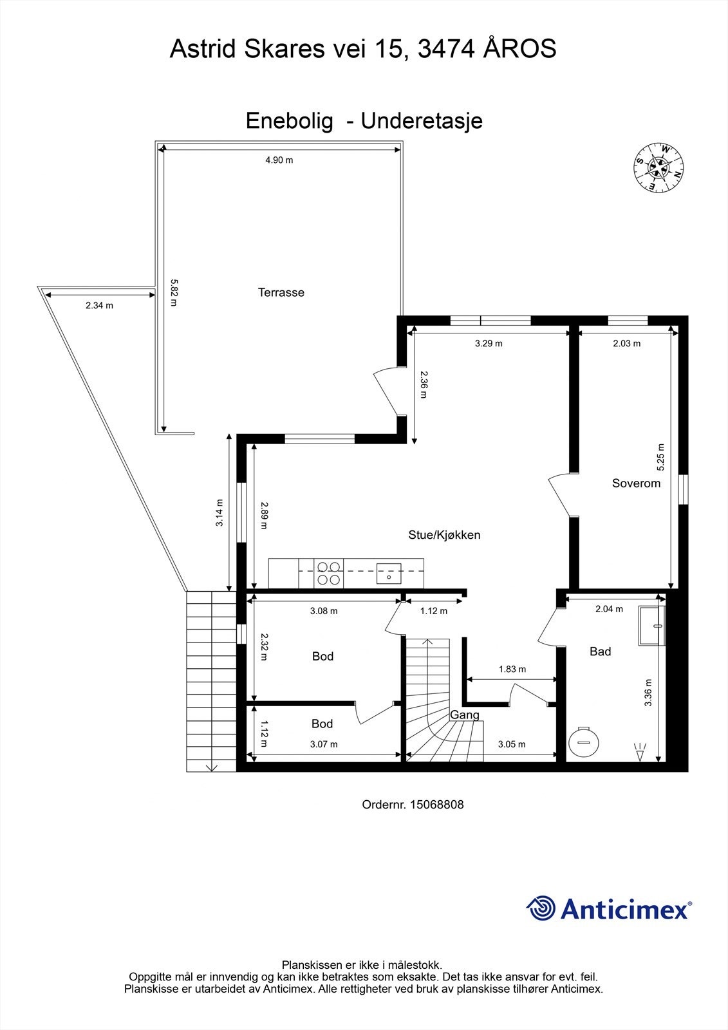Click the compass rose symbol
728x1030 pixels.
point(658,167)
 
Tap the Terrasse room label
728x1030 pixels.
point(281,292)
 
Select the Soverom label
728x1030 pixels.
point(636,483)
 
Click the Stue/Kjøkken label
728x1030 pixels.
point(444,535)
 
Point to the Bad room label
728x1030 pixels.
point(600,651)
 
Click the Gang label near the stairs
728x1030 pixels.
point(464,715)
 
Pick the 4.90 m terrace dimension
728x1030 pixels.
point(279,160)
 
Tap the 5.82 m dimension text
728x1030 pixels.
point(173,292)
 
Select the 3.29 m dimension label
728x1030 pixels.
point(489,344)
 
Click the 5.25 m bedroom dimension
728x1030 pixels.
point(660,457)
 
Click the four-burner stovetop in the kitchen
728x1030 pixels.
point(328,573)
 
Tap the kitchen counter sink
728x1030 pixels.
point(389,573)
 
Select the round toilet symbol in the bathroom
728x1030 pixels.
point(584,741)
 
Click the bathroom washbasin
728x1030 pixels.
point(651,624)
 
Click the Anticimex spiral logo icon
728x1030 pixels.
point(541,908)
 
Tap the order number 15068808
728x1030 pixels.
point(436,805)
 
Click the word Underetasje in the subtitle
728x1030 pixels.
point(422,120)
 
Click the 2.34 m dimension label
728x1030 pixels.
point(99,306)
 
